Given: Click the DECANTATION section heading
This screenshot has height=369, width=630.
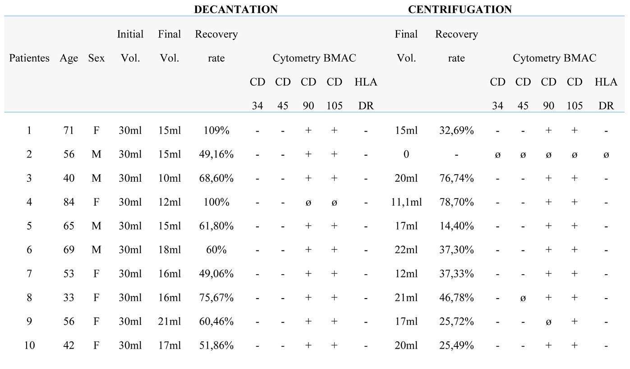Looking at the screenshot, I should [235, 9].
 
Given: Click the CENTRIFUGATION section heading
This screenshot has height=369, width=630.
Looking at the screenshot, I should [460, 9].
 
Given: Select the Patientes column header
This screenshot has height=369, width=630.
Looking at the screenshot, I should [29, 58].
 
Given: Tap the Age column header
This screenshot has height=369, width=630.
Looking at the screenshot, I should [69, 58].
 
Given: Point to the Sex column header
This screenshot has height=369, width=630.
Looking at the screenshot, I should [97, 58].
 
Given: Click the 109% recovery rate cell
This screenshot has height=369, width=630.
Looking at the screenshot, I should [216, 130].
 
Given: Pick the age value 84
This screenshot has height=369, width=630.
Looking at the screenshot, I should [69, 202].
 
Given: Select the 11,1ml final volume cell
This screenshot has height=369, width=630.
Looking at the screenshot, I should [406, 202].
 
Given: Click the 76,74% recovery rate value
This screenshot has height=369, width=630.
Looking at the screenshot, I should [456, 178].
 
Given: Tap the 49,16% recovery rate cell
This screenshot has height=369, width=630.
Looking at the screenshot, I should [216, 154].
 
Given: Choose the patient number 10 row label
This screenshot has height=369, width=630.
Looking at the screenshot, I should [29, 346].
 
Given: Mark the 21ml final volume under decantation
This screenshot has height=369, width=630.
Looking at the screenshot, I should [170, 322].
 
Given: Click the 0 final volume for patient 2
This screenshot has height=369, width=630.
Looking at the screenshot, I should [406, 154].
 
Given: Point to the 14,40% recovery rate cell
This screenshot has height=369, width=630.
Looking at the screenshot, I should [456, 226].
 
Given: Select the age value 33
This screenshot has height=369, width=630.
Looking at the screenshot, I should [69, 298].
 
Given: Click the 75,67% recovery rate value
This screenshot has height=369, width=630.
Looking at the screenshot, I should [216, 298].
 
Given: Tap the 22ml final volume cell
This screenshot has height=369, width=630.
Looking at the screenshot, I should [406, 250].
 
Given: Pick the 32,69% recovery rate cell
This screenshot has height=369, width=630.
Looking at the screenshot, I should [456, 130].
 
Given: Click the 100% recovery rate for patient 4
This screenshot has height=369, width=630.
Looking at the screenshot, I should [216, 202].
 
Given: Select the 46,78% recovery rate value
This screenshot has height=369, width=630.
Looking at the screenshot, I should [456, 298].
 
